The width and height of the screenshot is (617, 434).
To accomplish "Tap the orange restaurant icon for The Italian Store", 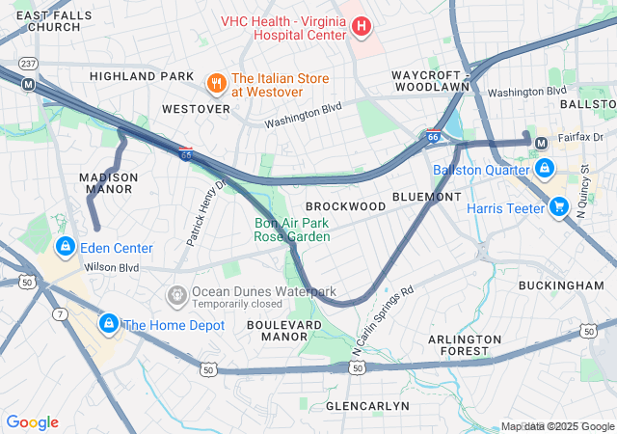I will [x=216, y=84].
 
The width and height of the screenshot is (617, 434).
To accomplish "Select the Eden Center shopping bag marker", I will [x=65, y=247].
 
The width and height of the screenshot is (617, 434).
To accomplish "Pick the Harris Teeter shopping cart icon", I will [x=558, y=206].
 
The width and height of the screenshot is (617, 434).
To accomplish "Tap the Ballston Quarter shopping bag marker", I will [x=545, y=169].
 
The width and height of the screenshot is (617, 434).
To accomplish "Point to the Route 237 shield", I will [x=28, y=63].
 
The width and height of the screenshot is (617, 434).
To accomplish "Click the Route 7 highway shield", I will [x=61, y=313].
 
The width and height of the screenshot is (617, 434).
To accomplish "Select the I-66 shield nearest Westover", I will [x=185, y=153].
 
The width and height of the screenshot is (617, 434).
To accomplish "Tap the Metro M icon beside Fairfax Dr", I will [x=541, y=143].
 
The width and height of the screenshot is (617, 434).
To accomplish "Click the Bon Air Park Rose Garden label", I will [x=292, y=230].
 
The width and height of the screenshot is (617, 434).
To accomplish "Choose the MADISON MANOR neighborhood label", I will [x=108, y=183].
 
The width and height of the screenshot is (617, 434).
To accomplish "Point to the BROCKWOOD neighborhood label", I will [x=345, y=206].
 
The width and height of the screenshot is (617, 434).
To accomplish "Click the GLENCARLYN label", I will [x=367, y=406].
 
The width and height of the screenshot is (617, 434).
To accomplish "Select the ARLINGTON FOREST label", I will [x=465, y=345].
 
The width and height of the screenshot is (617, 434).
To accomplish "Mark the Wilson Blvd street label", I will [x=112, y=267].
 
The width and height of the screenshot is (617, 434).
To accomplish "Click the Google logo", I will [x=32, y=422].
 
